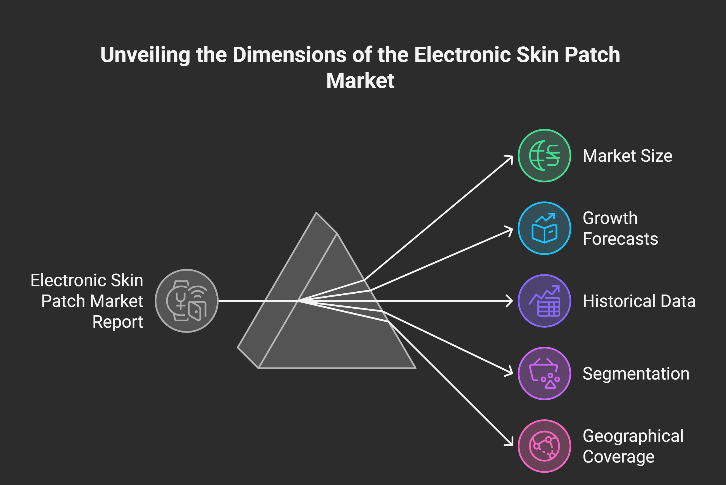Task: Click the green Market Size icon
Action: tap(544, 156)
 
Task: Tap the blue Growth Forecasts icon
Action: tap(544, 228)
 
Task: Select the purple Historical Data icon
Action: tap(544, 301)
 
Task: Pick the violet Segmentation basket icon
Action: tap(544, 373)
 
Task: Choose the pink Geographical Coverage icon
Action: tap(544, 446)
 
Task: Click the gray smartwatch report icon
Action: tap(187, 301)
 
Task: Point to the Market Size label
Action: tap(627, 156)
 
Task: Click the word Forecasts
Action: tap(620, 239)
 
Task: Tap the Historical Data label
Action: tap(639, 301)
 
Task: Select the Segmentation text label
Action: tap(636, 374)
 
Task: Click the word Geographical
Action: tap(633, 436)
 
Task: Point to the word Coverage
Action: tap(619, 456)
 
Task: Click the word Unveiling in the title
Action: tap(145, 55)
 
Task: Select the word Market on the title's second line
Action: tap(360, 81)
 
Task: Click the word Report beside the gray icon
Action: tap(118, 322)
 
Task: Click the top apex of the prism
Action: tap(316, 213)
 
